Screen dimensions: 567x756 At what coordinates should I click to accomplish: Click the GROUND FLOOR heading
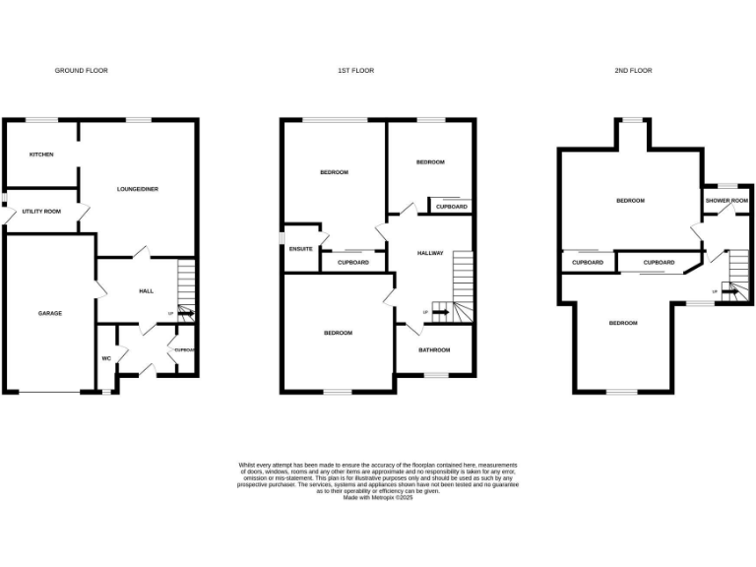point(81,71)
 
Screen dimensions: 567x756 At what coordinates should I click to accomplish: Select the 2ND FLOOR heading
point(634,71)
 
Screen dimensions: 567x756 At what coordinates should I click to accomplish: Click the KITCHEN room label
point(40,155)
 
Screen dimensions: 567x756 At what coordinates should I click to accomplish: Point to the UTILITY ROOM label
point(41,211)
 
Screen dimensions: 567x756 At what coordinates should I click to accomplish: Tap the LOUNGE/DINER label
point(138,189)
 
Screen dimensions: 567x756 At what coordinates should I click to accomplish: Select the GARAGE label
point(50,313)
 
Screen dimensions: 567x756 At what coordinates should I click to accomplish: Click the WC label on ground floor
point(105,358)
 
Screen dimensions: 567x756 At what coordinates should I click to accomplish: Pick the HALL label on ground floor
point(146,291)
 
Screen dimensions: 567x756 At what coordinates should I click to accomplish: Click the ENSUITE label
point(301,249)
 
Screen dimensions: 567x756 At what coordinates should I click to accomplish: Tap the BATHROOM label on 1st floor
point(434,350)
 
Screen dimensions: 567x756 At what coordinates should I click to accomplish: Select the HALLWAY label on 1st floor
point(430,253)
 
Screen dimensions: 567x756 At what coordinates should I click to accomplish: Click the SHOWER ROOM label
point(726,201)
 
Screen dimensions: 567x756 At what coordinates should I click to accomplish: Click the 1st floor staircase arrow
point(440,313)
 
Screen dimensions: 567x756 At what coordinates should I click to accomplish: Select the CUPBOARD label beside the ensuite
point(353,263)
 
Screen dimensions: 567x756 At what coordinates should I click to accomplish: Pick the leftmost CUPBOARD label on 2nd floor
point(588,263)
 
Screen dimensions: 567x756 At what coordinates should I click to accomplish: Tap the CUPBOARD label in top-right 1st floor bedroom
point(452,207)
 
